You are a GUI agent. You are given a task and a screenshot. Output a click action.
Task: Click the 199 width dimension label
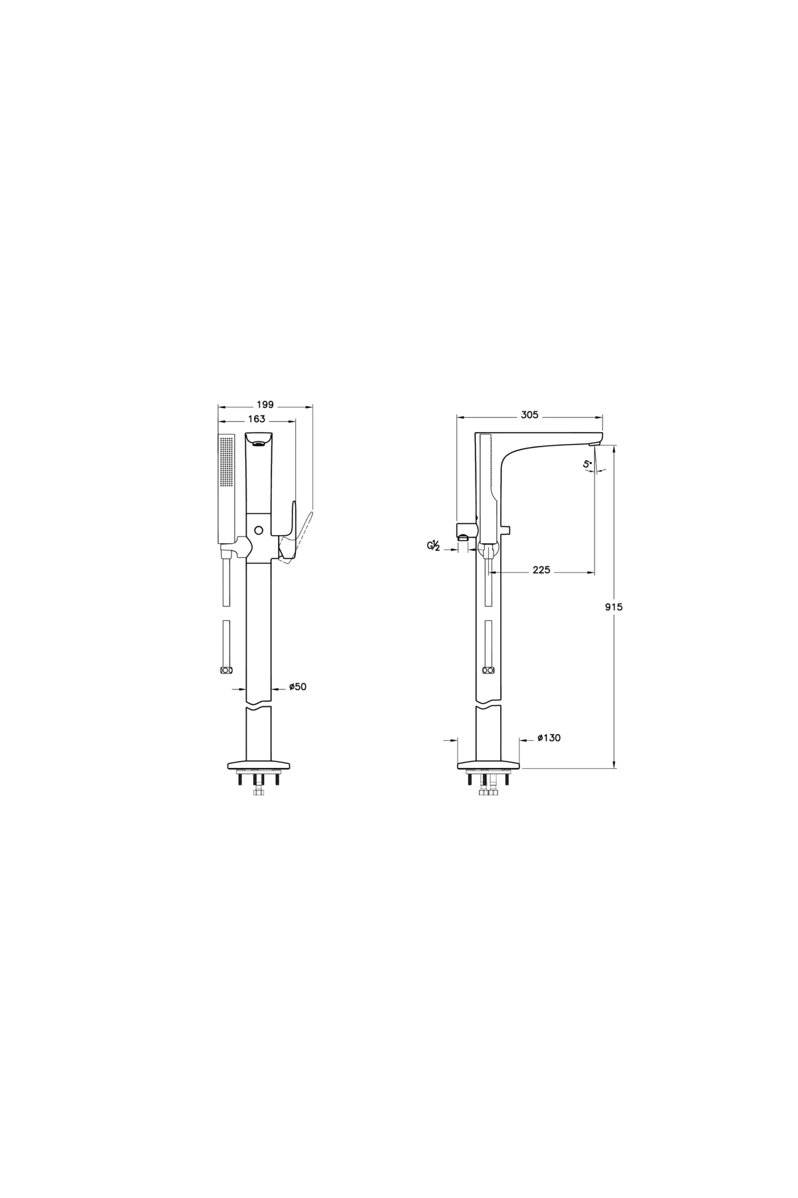tap(265, 405)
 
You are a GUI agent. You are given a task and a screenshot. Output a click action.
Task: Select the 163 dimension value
tap(256, 419)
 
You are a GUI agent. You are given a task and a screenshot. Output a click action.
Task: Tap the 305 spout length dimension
tap(529, 415)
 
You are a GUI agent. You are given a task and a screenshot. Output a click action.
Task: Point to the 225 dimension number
tap(541, 570)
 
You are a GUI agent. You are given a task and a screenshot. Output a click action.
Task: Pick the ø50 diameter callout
tap(298, 687)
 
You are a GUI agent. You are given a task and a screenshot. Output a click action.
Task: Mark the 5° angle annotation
tap(587, 465)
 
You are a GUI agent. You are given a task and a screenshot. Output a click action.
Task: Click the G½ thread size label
tap(434, 546)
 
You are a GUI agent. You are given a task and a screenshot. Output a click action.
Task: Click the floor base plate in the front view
tap(259, 763)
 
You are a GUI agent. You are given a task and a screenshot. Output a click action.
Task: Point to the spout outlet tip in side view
tap(597, 443)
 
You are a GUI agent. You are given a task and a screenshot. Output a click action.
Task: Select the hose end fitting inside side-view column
tap(489, 670)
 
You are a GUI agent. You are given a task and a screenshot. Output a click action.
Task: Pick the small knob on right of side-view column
tap(507, 530)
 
